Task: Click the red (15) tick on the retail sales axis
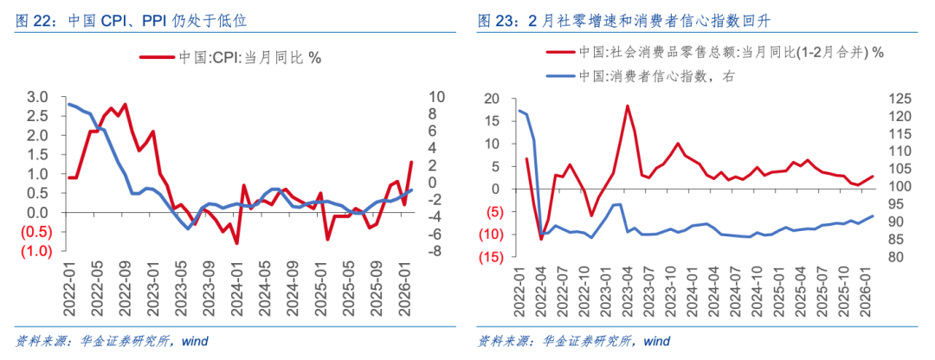pyautogui.click(x=494, y=257)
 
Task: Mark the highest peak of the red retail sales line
pyautogui.click(x=627, y=106)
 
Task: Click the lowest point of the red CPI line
pyautogui.click(x=236, y=243)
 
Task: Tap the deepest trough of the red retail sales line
pyautogui.click(x=541, y=239)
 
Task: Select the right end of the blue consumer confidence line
pyautogui.click(x=873, y=216)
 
